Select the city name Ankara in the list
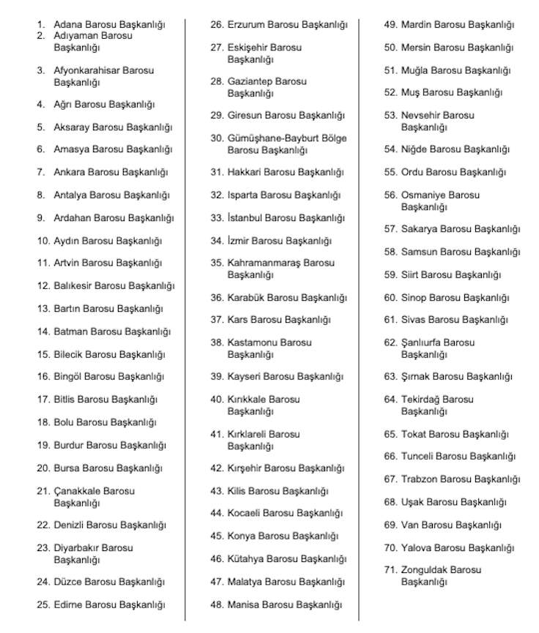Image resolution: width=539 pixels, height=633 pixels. [x=70, y=173]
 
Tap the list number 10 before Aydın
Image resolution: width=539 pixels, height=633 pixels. [x=43, y=241]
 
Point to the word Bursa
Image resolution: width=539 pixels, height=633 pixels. [x=67, y=468]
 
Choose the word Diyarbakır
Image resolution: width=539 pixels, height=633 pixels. [x=76, y=547]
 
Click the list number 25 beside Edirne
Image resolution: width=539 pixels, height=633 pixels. [x=43, y=604]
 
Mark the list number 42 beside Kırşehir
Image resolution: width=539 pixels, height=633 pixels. [x=217, y=468]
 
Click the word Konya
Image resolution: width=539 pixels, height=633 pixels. [x=241, y=536]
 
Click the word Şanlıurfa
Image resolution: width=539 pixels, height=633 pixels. [x=423, y=342]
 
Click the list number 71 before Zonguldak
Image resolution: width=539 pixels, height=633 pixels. [x=390, y=569]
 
